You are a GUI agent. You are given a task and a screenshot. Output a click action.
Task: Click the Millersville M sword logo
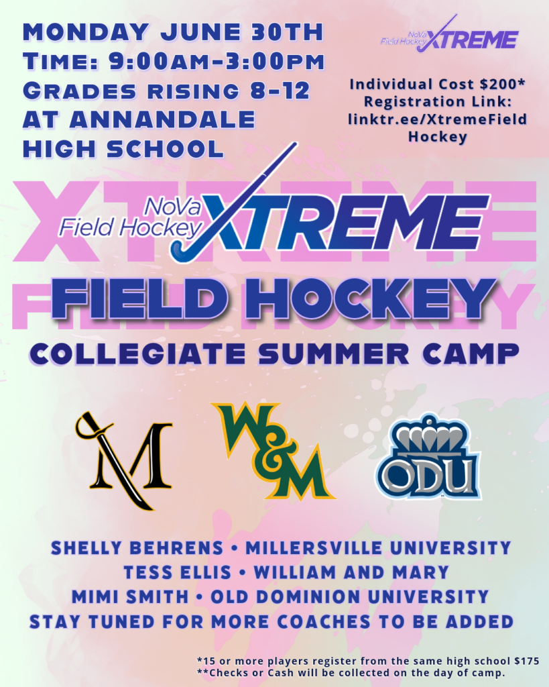click(124, 460)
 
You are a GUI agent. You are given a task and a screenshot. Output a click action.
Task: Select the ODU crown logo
click(428, 457)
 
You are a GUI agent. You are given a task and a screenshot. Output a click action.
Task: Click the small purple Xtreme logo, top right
click(449, 34)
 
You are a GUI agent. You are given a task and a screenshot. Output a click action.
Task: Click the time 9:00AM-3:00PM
click(217, 62)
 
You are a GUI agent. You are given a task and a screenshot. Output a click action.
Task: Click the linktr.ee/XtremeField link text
click(437, 119)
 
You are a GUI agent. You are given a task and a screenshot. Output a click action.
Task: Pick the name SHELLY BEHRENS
click(137, 548)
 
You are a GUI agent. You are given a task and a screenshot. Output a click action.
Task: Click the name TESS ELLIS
click(178, 573)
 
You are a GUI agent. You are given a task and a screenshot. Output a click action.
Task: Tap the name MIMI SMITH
click(130, 596)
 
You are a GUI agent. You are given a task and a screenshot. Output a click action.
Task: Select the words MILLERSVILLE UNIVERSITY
click(378, 548)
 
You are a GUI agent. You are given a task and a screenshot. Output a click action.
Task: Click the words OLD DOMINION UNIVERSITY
click(350, 596)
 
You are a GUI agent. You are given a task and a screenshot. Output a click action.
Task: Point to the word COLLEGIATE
click(137, 354)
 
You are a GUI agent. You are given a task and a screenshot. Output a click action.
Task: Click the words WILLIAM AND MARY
click(351, 573)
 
